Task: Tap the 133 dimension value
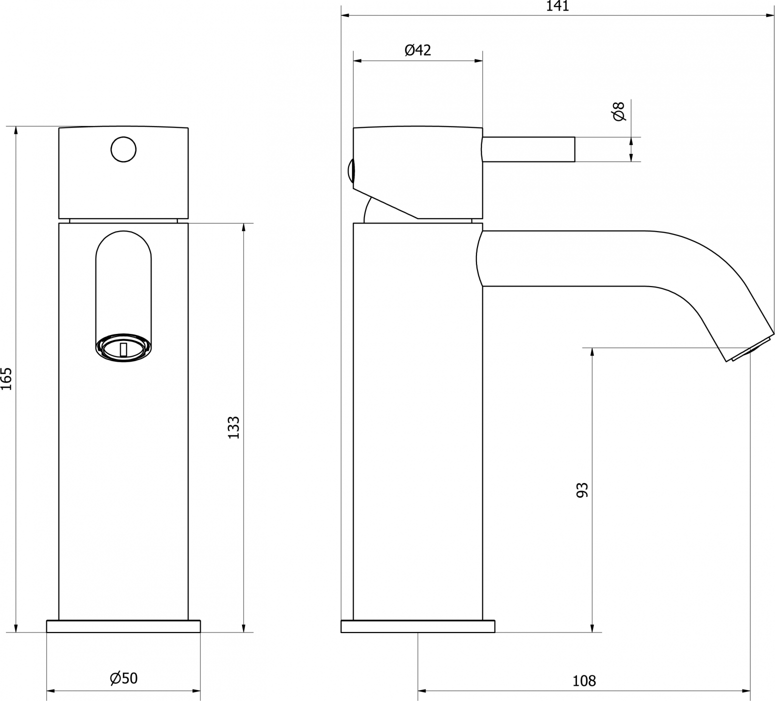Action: tap(234, 427)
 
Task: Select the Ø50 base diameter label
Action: tap(123, 678)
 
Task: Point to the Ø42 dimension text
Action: tap(417, 49)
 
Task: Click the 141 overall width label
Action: tap(557, 6)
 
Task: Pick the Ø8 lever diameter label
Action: tap(618, 111)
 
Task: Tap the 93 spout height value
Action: tap(582, 490)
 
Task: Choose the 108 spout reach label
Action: tap(584, 680)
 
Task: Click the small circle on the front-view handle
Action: tap(123, 149)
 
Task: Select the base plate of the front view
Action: tap(123, 626)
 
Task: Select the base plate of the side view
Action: tap(418, 626)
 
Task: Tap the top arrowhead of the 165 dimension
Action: tap(16, 131)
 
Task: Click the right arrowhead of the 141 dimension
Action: tap(769, 16)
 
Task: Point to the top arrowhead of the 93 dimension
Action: tap(592, 352)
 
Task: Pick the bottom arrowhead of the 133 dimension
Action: tap(243, 627)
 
